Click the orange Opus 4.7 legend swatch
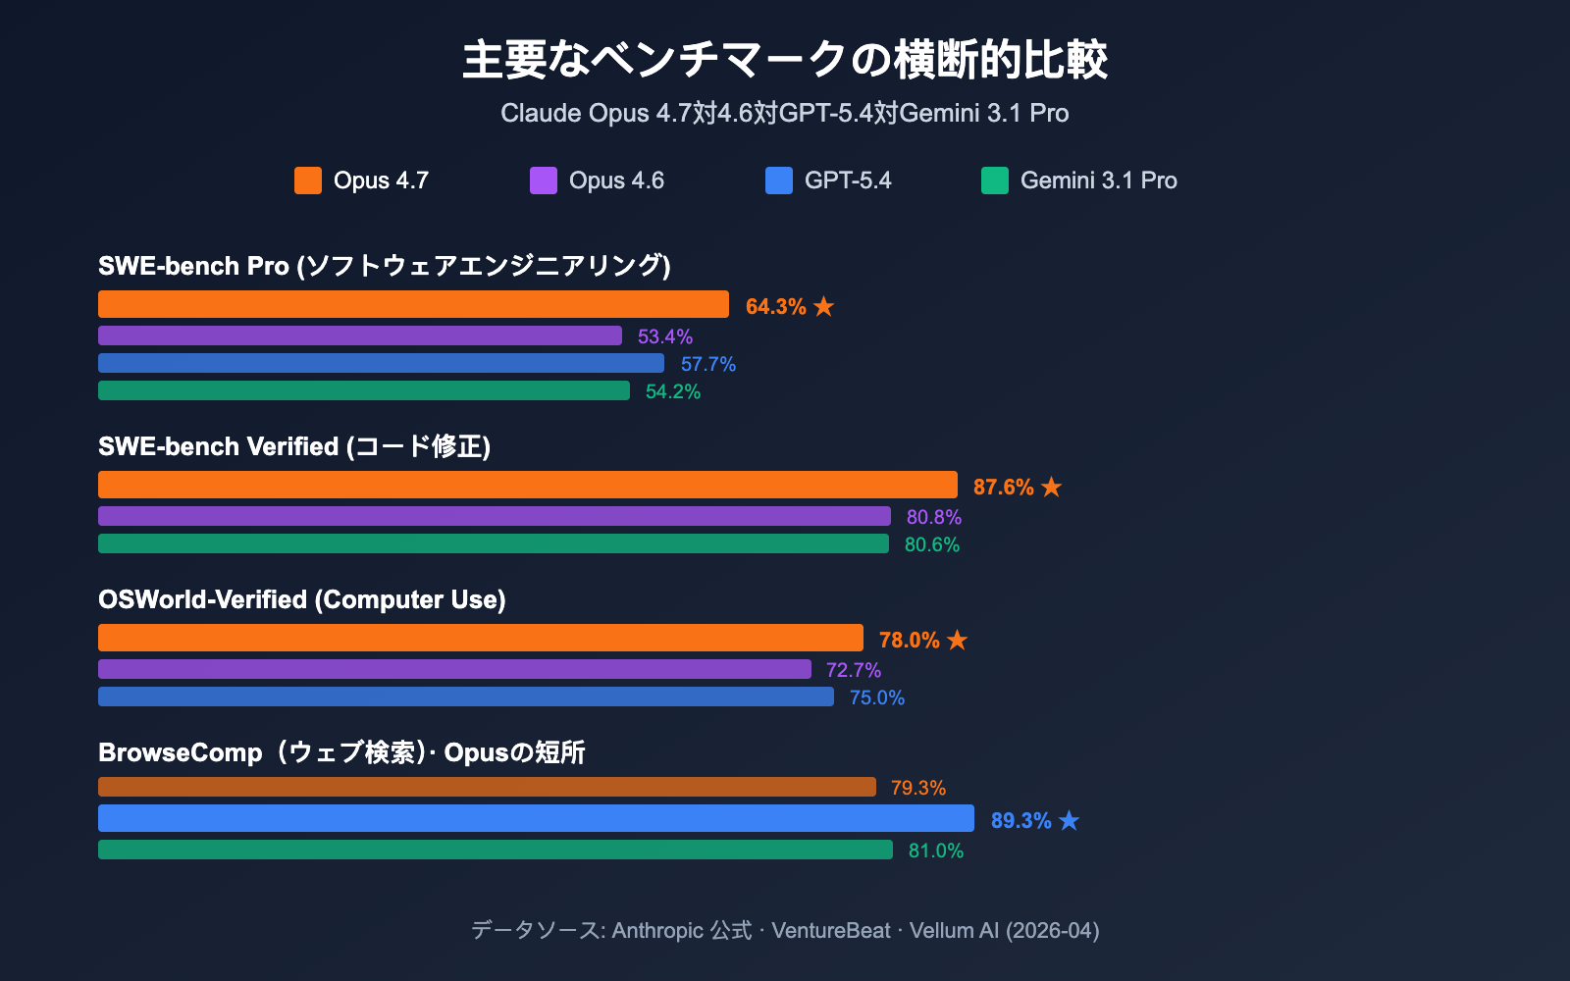(307, 181)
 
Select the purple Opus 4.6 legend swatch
(543, 181)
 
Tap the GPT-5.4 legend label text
(847, 181)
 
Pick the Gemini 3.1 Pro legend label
(1098, 181)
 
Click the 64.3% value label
(775, 306)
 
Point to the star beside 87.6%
(1051, 487)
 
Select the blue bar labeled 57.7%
(381, 363)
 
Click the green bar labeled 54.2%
(363, 390)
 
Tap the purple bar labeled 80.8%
(494, 516)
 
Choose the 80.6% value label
(931, 544)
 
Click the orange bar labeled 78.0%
(480, 638)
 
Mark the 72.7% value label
(853, 670)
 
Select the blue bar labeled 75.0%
(465, 697)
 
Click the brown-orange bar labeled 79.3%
(487, 787)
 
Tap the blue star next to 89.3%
(1069, 820)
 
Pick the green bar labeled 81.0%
(495, 850)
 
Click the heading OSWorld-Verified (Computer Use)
(301, 599)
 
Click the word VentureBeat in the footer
(830, 930)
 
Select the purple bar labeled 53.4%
(359, 336)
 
